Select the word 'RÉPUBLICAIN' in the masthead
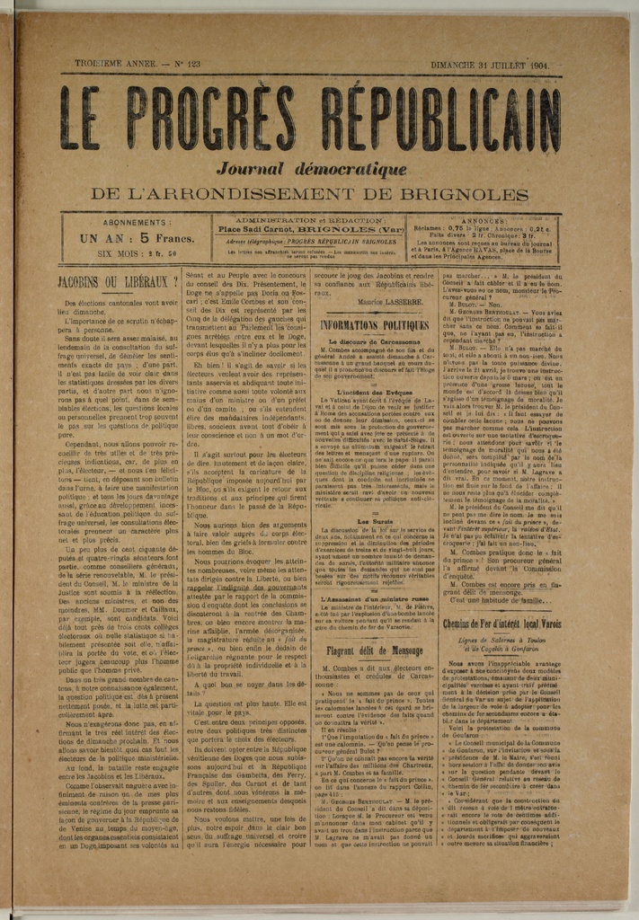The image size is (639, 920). (440, 119)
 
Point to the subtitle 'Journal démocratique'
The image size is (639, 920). (312, 169)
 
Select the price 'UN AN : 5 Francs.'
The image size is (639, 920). (137, 239)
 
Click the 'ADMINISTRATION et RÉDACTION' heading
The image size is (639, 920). (309, 220)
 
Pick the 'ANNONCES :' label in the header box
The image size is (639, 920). (484, 220)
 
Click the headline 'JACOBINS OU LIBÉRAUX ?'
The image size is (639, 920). (118, 281)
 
